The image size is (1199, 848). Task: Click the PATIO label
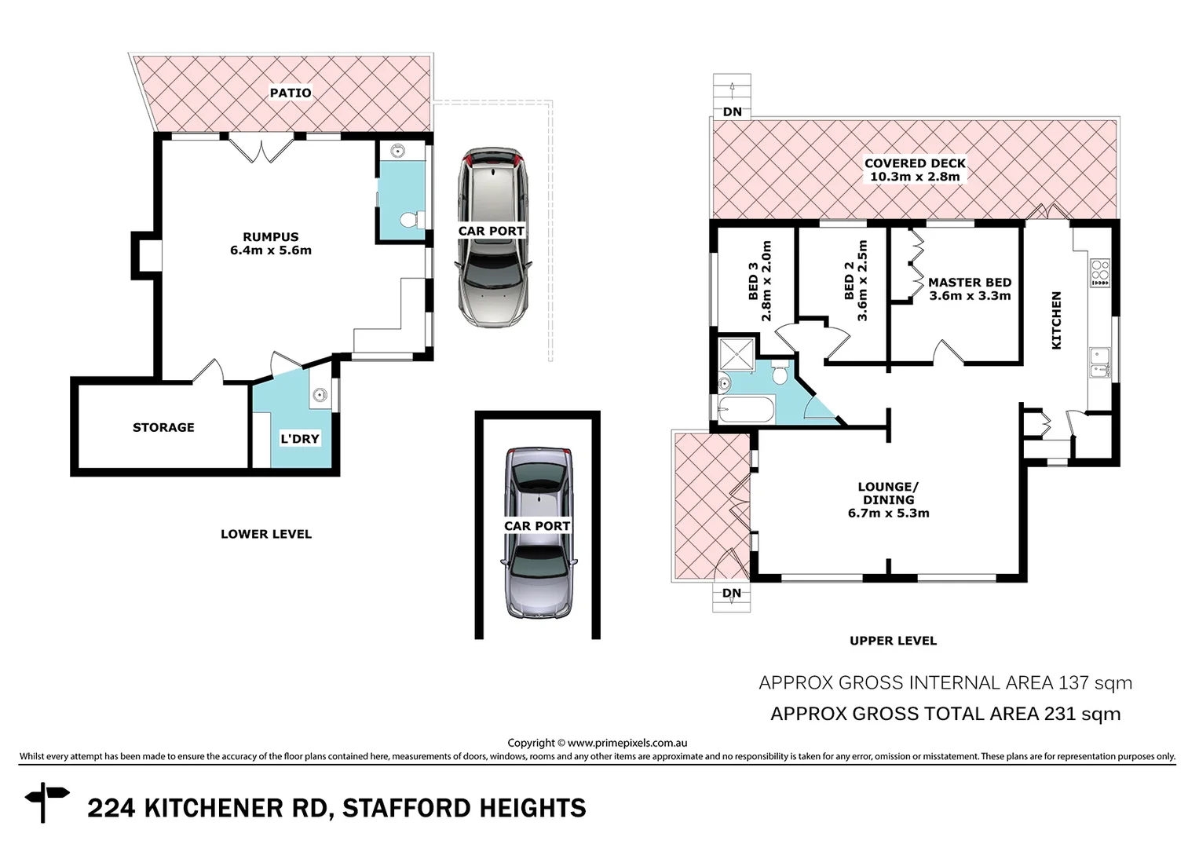[291, 93]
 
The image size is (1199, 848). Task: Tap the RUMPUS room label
[270, 236]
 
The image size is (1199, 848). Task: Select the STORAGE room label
[163, 427]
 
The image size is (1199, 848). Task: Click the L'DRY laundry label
[300, 439]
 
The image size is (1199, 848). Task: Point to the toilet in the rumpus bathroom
[410, 221]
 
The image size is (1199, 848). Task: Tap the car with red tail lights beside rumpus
[493, 236]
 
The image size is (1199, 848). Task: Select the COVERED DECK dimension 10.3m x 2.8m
[915, 177]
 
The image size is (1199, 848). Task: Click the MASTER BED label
[970, 283]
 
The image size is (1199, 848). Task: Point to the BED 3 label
[753, 281]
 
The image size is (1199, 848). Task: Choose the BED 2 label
[849, 281]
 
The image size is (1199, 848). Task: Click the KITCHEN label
[1056, 320]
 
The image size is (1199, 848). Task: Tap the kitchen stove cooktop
[1099, 272]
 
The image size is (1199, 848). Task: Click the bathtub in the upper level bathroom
[746, 409]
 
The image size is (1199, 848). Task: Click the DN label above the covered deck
[732, 112]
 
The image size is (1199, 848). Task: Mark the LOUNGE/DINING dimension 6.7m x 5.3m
[888, 514]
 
